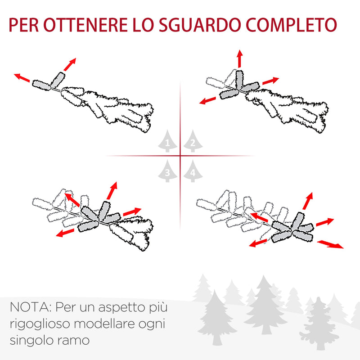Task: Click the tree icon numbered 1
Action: coord(167,141)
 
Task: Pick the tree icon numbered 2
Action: coord(193,141)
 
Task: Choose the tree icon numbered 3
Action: coord(167,171)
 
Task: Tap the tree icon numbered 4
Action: coord(193,171)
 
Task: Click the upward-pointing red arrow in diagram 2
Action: coord(239,59)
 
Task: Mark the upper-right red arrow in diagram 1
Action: coord(69,64)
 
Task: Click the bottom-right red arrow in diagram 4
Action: coord(330,244)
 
